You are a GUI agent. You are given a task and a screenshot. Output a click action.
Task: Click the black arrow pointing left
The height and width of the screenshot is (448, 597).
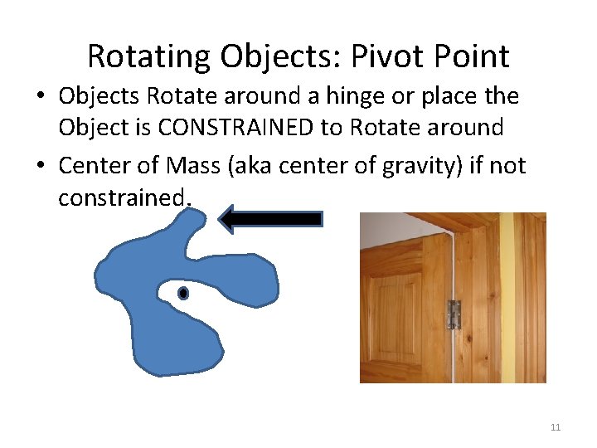coord(269,219)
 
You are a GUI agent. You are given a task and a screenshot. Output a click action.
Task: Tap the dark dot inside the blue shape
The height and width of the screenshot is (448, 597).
coord(183,293)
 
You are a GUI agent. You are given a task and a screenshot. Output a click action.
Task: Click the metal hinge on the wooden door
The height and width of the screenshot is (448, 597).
coord(454,314)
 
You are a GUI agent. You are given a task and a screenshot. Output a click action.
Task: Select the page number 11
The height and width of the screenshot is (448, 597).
coord(555,427)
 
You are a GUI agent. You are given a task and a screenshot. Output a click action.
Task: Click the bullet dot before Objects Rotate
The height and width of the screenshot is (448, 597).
coord(41,97)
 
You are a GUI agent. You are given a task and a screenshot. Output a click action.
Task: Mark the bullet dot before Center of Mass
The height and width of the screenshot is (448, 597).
coord(41,167)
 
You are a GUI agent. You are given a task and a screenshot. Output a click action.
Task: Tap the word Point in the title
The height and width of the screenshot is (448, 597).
coord(472,56)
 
